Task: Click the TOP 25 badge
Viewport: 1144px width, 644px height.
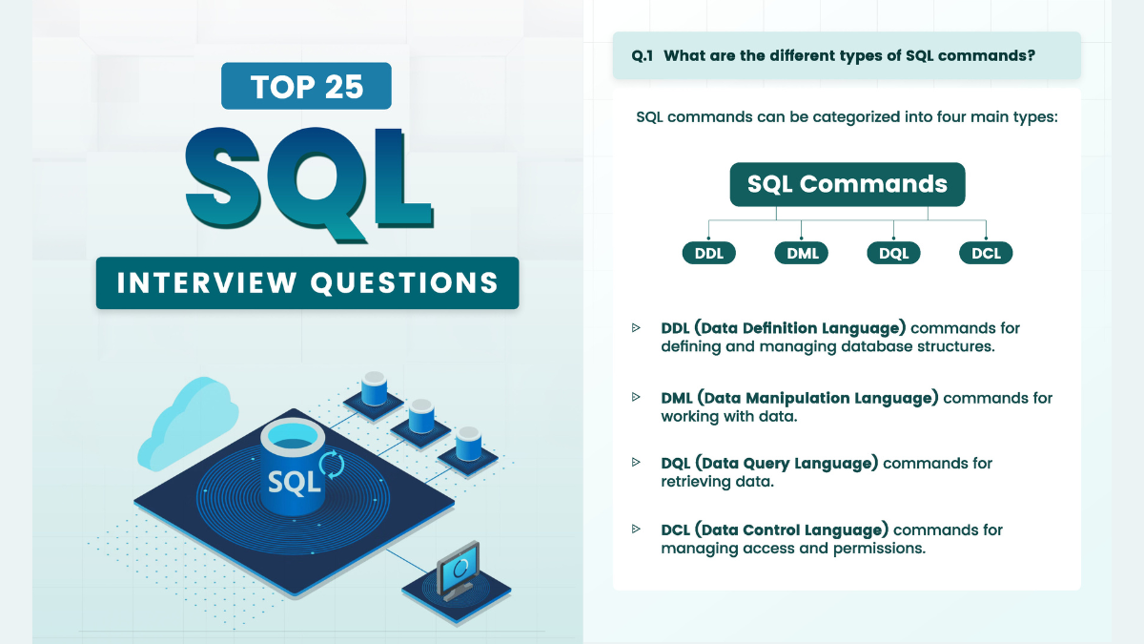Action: pyautogui.click(x=306, y=86)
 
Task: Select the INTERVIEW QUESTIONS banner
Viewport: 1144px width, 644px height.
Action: pyautogui.click(x=307, y=282)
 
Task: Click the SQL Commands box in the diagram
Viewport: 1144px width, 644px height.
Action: pyautogui.click(x=848, y=184)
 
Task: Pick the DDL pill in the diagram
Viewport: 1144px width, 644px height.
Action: pyautogui.click(x=709, y=253)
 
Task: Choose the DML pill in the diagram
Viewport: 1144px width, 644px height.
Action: pyautogui.click(x=802, y=253)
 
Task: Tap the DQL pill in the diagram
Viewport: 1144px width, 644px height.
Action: pyautogui.click(x=894, y=253)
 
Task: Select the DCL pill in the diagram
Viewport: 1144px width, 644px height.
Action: pyautogui.click(x=986, y=253)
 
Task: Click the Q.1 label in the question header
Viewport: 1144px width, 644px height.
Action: pyautogui.click(x=642, y=55)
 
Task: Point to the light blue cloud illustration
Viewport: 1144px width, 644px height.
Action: pyautogui.click(x=188, y=424)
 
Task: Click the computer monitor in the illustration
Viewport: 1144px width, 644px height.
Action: pyautogui.click(x=459, y=570)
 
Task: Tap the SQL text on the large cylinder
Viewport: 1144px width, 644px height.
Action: pyautogui.click(x=295, y=482)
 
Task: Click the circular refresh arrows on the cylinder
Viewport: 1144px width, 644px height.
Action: pyautogui.click(x=332, y=464)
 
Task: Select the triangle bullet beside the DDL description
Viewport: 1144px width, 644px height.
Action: pyautogui.click(x=636, y=327)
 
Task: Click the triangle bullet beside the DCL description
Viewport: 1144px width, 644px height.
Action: pyautogui.click(x=636, y=529)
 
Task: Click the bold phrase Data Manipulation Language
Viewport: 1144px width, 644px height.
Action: pyautogui.click(x=818, y=398)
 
